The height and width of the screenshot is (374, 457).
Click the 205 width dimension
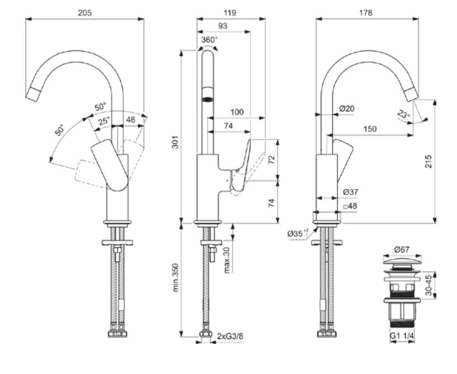point(85,12)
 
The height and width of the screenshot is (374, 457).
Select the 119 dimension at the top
point(230,12)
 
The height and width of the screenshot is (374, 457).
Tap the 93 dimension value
point(222,26)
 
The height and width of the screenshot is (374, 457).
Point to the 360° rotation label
point(210,40)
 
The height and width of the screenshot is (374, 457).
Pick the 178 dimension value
point(366,12)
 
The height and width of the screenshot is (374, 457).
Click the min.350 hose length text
point(174,277)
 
